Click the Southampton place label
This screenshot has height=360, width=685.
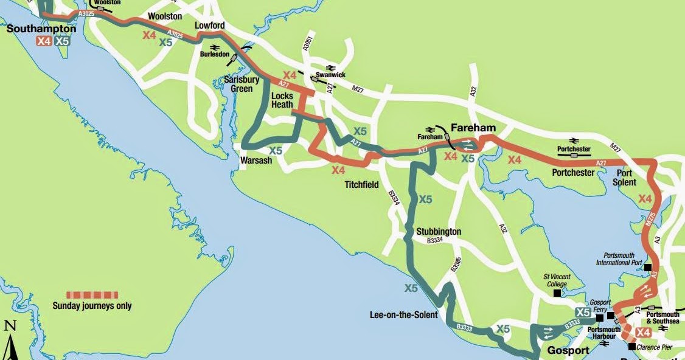[x=41, y=29]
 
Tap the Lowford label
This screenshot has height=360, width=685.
[x=210, y=26]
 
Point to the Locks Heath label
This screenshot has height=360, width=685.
[x=282, y=100]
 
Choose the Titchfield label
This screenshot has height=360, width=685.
[x=362, y=184]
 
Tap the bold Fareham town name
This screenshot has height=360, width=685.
[x=473, y=128]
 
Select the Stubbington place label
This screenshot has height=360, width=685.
[x=439, y=232]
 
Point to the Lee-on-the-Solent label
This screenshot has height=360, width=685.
[x=403, y=314]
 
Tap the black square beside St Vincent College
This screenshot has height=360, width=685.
[x=557, y=293]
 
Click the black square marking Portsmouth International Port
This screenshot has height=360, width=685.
[x=648, y=268]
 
